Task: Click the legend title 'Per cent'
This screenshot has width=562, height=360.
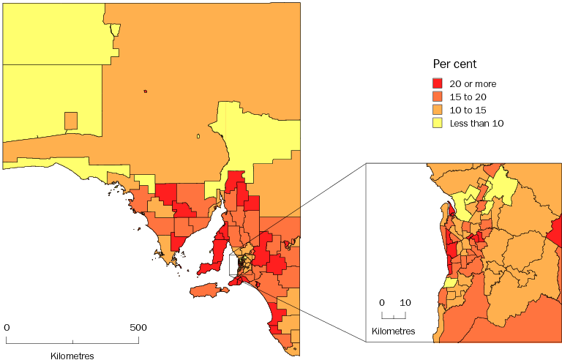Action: (454, 64)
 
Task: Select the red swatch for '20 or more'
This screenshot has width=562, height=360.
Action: (438, 84)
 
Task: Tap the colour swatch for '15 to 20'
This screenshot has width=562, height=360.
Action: (438, 97)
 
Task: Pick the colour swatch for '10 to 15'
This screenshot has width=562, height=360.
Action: (438, 110)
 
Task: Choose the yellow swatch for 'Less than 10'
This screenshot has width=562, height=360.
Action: (438, 123)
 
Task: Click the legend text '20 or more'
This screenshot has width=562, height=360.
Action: (473, 84)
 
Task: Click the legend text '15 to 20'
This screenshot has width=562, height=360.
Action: (468, 97)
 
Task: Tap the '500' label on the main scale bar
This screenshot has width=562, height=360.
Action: (138, 327)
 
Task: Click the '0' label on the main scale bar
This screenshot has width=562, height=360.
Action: (7, 327)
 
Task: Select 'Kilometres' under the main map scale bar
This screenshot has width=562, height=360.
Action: (72, 356)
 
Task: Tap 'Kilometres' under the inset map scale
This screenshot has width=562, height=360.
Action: (394, 331)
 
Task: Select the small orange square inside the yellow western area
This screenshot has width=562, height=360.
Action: (71, 121)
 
